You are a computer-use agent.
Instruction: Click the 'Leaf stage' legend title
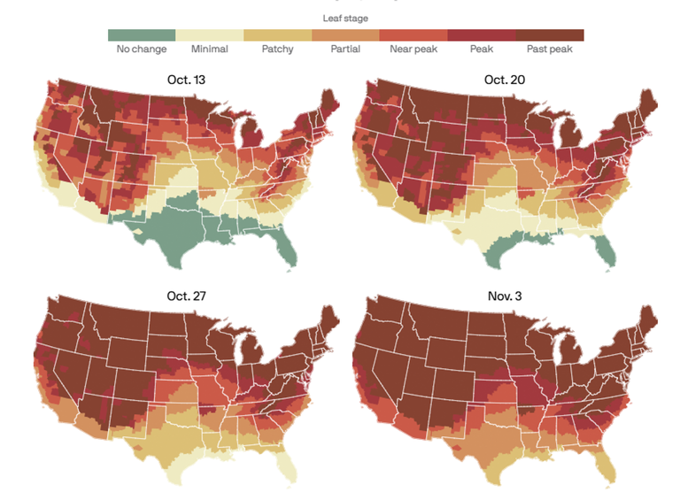click(345, 18)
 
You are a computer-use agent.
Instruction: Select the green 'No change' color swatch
click(142, 35)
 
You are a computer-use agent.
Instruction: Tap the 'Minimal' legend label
click(209, 50)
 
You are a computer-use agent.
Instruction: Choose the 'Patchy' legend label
click(278, 50)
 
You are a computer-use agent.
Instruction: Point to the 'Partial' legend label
click(345, 50)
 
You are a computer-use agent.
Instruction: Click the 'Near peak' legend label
click(413, 50)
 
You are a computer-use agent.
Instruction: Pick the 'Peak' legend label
click(482, 50)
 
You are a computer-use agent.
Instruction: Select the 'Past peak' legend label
click(550, 50)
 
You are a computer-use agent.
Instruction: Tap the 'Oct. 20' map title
click(506, 80)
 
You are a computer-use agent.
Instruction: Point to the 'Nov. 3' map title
click(506, 295)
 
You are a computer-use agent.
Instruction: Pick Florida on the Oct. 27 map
click(286, 465)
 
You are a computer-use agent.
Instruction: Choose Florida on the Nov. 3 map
click(607, 465)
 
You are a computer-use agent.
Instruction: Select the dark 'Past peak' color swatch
click(550, 35)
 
